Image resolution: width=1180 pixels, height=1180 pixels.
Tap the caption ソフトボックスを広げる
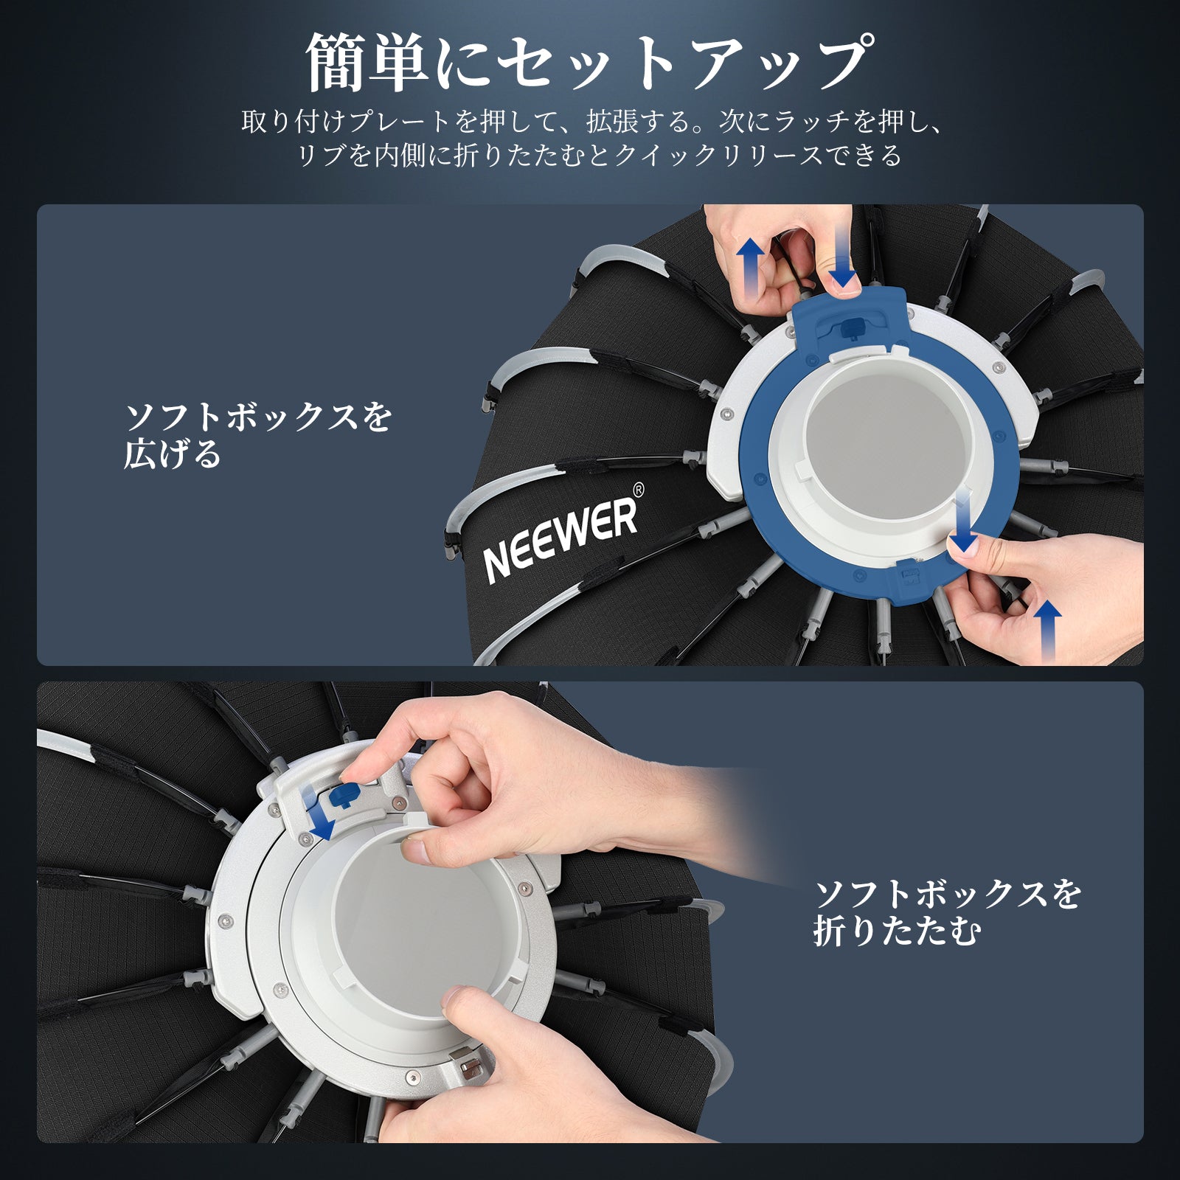[258, 436]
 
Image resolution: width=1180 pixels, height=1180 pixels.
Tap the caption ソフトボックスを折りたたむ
[948, 913]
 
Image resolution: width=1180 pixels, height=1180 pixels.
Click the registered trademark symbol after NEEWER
[639, 489]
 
